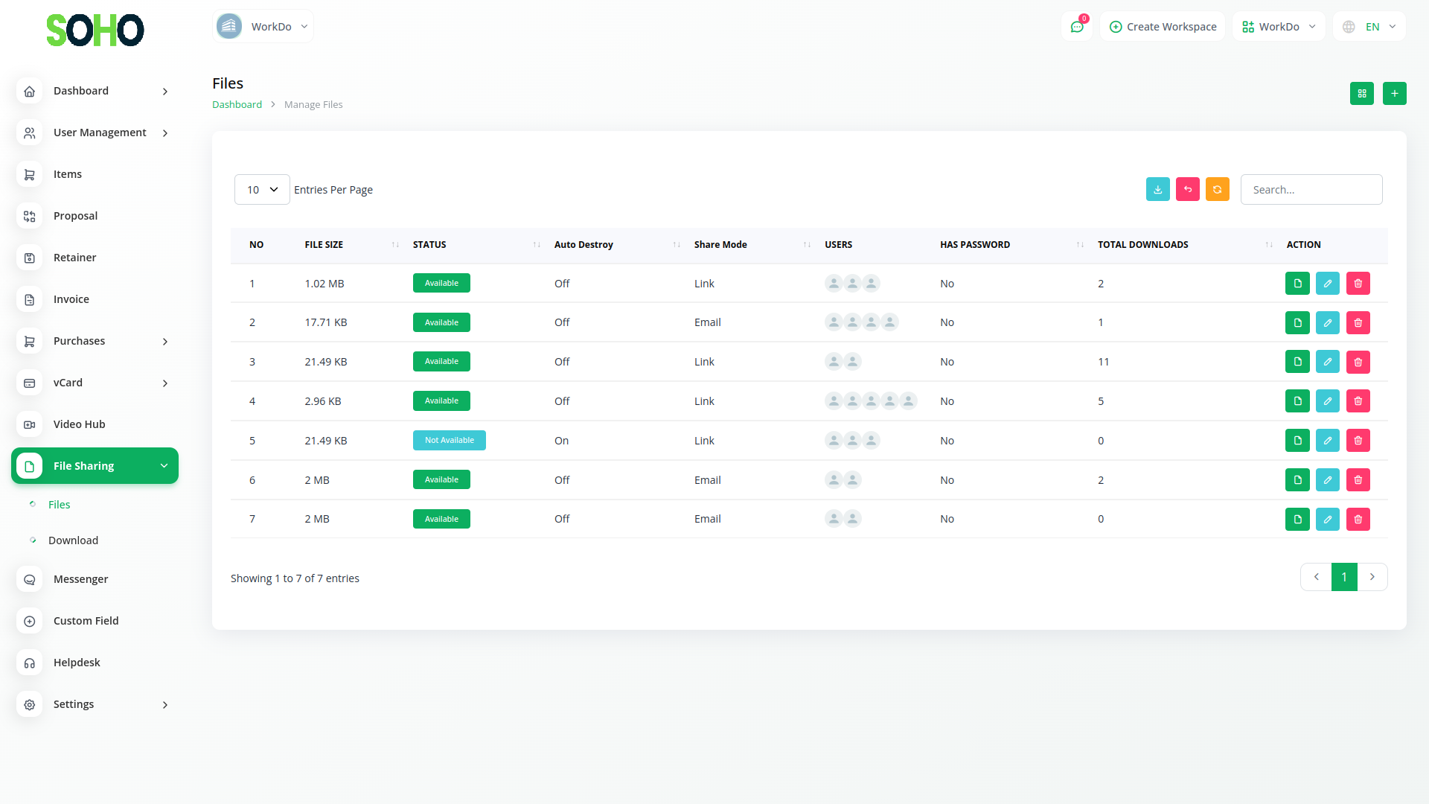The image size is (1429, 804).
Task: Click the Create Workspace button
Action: tap(1163, 27)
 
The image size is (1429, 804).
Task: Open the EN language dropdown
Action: tap(1369, 27)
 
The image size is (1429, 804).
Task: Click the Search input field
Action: tap(1311, 190)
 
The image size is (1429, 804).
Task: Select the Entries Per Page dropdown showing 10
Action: tap(262, 190)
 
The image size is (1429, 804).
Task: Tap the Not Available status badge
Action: tap(449, 441)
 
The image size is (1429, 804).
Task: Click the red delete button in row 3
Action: tap(1358, 362)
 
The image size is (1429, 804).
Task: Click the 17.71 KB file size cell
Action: tap(326, 322)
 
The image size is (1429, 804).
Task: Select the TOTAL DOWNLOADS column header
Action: tap(1142, 245)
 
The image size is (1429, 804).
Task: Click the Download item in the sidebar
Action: tap(73, 540)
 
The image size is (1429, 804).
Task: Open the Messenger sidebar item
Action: tap(80, 579)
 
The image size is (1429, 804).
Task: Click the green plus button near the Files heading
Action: tap(1394, 94)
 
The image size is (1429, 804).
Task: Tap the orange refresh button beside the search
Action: tap(1217, 190)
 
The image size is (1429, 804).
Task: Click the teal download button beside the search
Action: tap(1157, 190)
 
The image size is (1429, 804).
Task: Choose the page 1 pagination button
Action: tap(1343, 577)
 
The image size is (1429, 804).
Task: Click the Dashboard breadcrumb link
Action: tap(237, 105)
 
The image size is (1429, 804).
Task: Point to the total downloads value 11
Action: tap(1103, 362)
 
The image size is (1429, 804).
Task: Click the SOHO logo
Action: tap(95, 31)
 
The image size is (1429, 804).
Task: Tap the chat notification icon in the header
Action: tap(1076, 27)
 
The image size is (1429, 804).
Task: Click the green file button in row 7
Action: tap(1297, 519)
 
